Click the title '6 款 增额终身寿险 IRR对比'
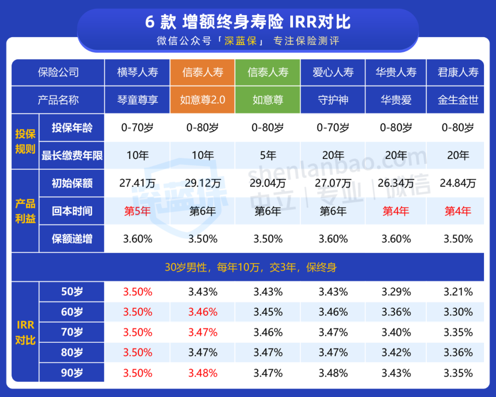click(248, 22)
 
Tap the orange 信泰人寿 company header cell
click(203, 72)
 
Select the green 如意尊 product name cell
click(268, 100)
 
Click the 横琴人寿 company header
click(137, 72)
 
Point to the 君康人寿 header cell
click(458, 72)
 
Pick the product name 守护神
click(333, 100)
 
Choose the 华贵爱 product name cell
click(396, 100)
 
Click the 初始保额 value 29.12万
click(203, 183)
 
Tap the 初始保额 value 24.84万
click(458, 183)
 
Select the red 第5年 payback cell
click(137, 211)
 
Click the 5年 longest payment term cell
click(268, 156)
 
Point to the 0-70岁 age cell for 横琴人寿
click(137, 128)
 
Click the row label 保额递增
click(72, 239)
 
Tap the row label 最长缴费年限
click(72, 156)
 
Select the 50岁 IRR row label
click(72, 291)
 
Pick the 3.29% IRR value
click(396, 291)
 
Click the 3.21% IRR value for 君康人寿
click(458, 291)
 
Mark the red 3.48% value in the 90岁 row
click(203, 373)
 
